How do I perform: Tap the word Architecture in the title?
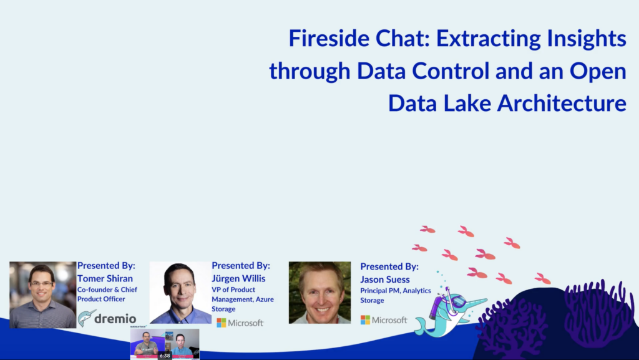coord(562,103)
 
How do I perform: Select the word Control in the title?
coord(451,71)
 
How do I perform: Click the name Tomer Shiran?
coord(105,278)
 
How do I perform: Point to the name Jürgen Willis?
coord(238,278)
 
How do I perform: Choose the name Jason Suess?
coord(384,280)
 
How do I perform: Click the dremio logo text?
coord(115,318)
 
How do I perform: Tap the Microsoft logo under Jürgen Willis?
coord(240,323)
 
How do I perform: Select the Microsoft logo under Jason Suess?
coord(384,320)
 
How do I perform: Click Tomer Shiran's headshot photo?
coord(43,295)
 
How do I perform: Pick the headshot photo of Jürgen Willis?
coord(180,293)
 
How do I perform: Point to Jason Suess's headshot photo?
coord(320,293)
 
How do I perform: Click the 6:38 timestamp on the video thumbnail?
coord(165,356)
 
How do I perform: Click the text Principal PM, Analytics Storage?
coord(395,295)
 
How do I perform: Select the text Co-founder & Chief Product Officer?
coord(107,294)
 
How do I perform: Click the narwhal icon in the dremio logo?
coord(86,318)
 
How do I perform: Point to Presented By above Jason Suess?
coord(389,266)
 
